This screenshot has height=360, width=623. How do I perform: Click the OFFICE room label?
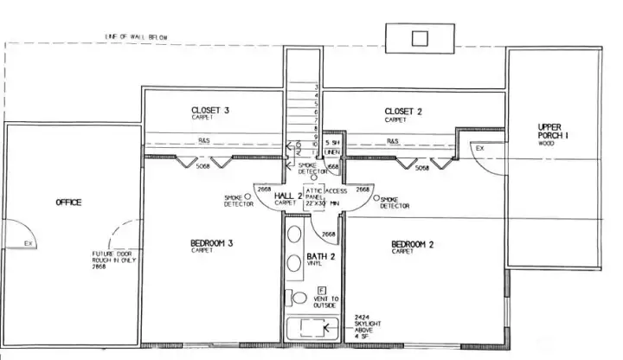(68, 202)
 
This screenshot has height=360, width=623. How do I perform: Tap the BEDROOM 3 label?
(212, 243)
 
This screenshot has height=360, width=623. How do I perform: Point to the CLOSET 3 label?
(210, 111)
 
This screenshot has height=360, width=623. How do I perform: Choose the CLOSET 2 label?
(403, 111)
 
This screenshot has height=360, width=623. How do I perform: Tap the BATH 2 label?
(320, 257)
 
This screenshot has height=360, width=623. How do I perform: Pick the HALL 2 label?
(287, 197)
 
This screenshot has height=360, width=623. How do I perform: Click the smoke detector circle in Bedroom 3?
(247, 196)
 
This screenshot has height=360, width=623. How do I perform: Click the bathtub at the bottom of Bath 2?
(308, 328)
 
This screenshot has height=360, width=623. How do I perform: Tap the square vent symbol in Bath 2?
(321, 289)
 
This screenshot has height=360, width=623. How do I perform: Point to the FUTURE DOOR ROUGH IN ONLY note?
(113, 260)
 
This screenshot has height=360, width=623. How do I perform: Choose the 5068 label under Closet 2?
(422, 168)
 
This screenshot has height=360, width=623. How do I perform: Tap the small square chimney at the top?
(420, 38)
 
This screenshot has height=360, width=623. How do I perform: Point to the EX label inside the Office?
(28, 243)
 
